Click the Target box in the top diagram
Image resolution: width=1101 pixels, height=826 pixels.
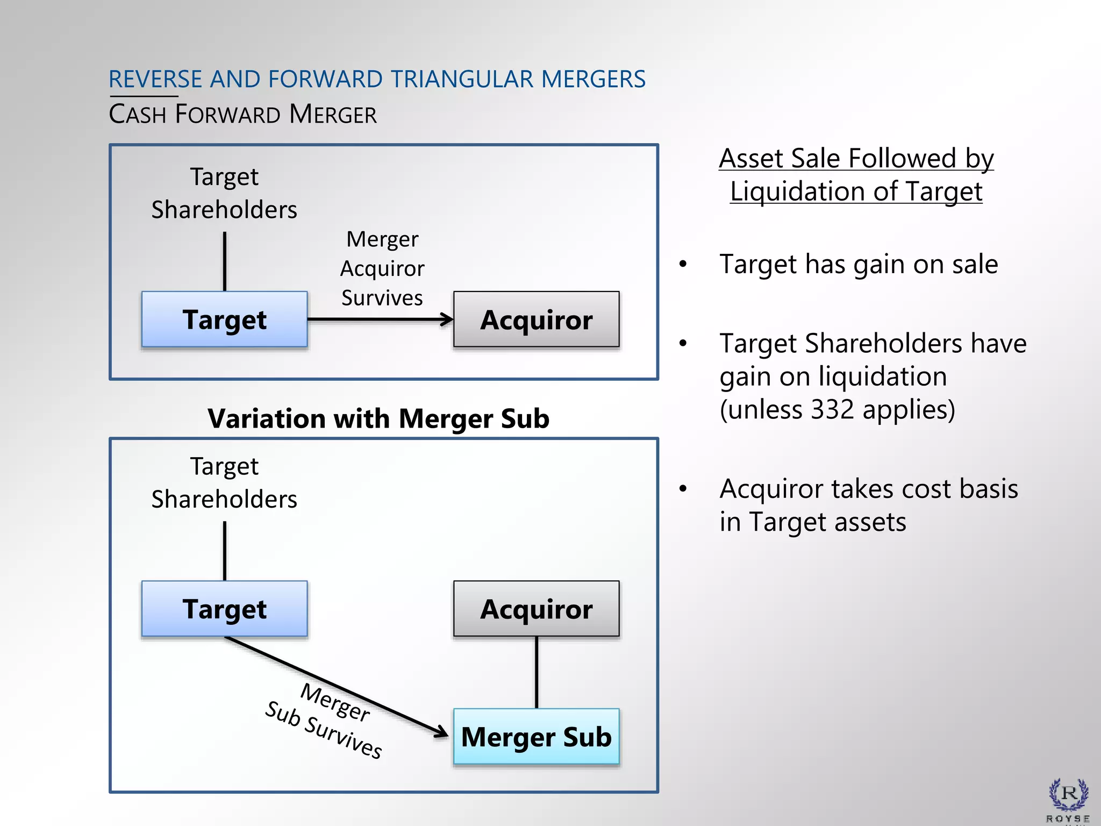pos(224,319)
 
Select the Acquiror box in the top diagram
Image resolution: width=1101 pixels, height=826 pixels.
pos(536,319)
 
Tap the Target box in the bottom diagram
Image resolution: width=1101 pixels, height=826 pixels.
pos(224,609)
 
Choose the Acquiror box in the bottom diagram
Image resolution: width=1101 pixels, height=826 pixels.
pos(536,609)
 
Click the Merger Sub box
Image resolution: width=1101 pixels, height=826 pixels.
pos(536,737)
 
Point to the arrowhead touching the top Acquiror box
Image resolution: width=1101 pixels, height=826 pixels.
pos(447,319)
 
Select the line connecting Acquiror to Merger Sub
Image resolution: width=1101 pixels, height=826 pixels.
pos(536,672)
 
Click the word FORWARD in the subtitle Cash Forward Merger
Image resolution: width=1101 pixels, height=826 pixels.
pos(228,115)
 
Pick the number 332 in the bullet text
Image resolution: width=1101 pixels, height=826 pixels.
pos(832,410)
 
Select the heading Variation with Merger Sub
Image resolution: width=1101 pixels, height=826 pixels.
pos(378,418)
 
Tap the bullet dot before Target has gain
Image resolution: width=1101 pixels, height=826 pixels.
pos(683,264)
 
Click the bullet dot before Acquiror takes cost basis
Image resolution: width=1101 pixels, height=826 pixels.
pos(683,489)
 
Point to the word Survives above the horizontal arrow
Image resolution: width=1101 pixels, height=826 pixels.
pos(382,298)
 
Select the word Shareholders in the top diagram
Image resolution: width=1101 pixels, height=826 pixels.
pos(224,210)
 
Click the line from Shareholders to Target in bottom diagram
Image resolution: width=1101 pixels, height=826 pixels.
pos(224,551)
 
